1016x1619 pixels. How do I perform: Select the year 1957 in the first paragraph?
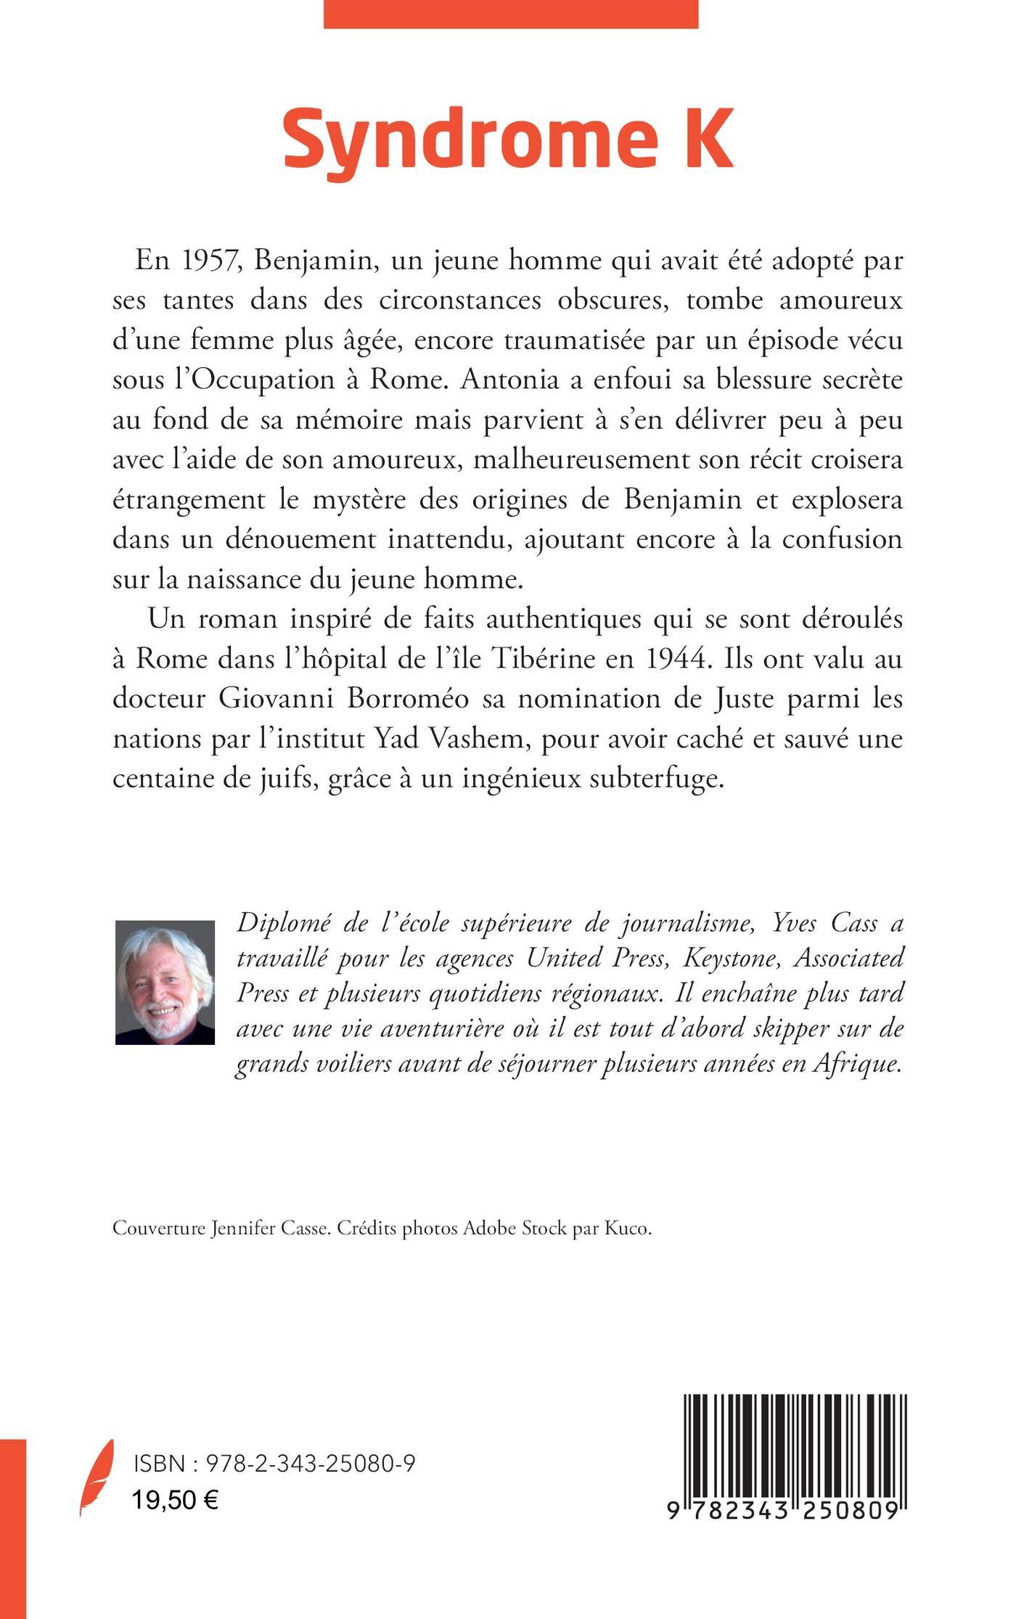pyautogui.click(x=205, y=261)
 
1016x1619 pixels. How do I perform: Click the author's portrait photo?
pyautogui.click(x=165, y=983)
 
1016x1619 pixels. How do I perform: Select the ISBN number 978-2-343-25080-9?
pyautogui.click(x=311, y=1464)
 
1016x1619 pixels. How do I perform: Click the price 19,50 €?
pyautogui.click(x=176, y=1499)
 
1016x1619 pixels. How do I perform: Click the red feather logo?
pyautogui.click(x=97, y=1477)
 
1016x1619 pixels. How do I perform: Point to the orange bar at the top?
pyautogui.click(x=510, y=14)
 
